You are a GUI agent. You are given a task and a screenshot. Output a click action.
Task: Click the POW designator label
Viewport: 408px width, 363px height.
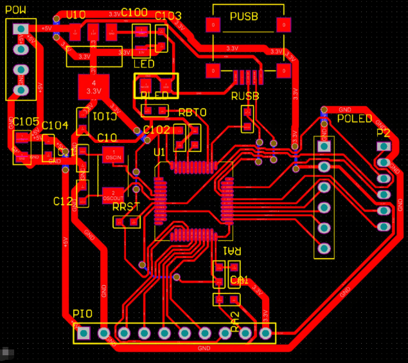[x=15, y=9]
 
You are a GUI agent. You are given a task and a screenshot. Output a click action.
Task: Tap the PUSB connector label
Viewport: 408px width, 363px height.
[x=244, y=17]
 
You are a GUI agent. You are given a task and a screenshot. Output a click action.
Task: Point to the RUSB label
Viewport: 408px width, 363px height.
[x=245, y=97]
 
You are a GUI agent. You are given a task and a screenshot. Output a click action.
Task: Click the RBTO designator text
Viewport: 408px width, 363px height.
[x=192, y=113]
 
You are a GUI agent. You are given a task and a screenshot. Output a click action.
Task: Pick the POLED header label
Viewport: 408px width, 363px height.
[x=354, y=119]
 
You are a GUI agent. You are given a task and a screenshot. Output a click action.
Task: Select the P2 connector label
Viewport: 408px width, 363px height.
[x=384, y=133]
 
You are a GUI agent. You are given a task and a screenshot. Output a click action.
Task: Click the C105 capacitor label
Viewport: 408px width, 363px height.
[x=26, y=122]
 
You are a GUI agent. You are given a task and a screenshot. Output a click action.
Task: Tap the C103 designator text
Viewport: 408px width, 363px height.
[x=168, y=16]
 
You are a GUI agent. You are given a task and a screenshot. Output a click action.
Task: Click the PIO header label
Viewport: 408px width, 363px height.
[x=82, y=313]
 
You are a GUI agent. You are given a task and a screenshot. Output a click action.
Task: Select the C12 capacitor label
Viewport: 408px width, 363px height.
[x=63, y=201]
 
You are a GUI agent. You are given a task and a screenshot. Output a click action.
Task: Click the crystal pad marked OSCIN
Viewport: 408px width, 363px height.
[x=113, y=154]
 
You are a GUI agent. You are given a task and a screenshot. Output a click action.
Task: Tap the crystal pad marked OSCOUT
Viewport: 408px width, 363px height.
[x=113, y=194]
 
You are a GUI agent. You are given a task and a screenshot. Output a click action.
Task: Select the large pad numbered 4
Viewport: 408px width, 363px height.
[x=94, y=86]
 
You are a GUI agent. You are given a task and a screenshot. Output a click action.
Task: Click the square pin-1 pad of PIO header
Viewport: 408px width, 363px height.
[x=84, y=333]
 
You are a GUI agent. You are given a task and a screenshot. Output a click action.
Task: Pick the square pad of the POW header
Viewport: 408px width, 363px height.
[x=21, y=29]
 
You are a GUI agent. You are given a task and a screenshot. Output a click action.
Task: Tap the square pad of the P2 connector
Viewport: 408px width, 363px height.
[x=384, y=147]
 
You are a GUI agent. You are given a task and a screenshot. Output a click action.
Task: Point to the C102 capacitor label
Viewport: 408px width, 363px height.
[x=157, y=130]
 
